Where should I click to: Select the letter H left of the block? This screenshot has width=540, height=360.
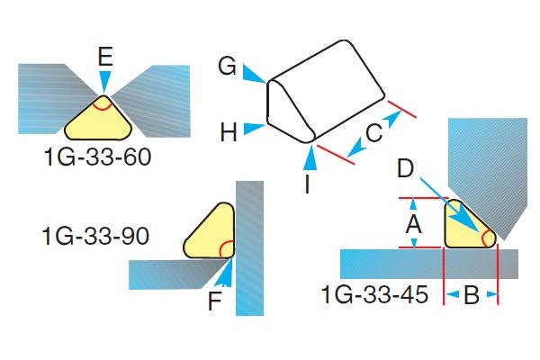[x=229, y=133]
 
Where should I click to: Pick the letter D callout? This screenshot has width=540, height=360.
[x=405, y=168]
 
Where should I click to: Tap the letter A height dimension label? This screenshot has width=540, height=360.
[x=413, y=223]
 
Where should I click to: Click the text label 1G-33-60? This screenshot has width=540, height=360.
[x=97, y=158]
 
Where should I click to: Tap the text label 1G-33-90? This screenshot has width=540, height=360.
[x=95, y=238]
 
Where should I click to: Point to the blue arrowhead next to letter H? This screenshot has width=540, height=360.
[x=259, y=129]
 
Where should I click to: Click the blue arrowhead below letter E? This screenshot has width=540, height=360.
[x=105, y=84]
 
